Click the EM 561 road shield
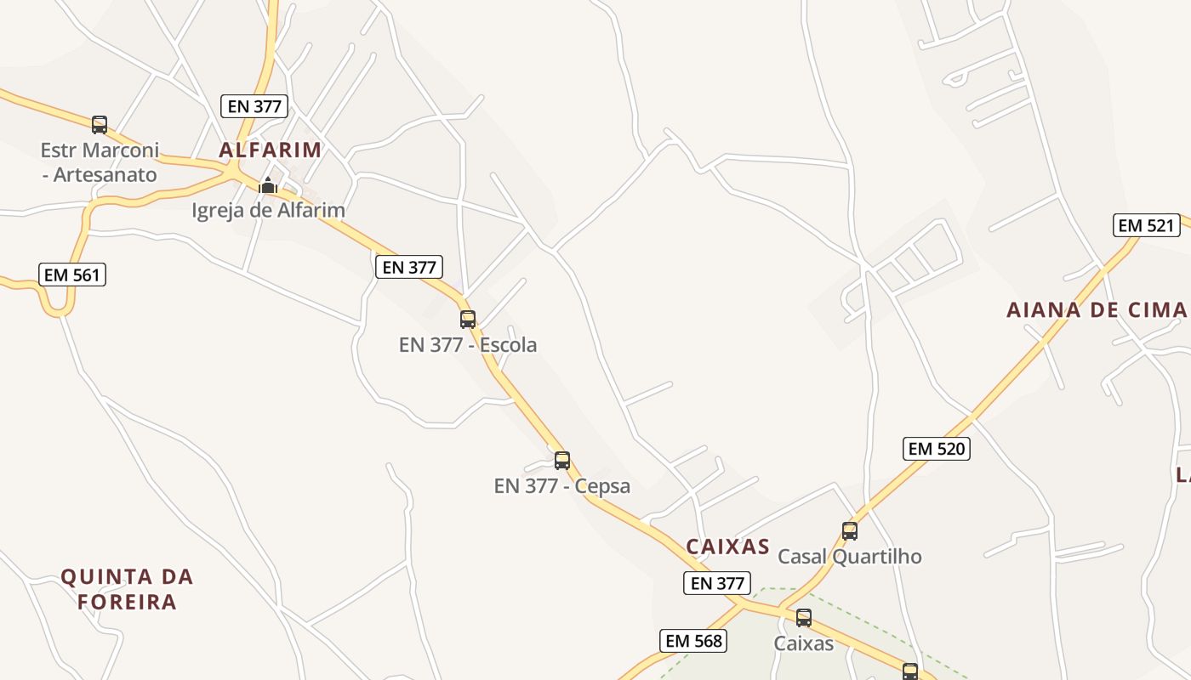pyautogui.click(x=72, y=275)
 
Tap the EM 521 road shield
pyautogui.click(x=1146, y=225)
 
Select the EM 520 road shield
pyautogui.click(x=936, y=448)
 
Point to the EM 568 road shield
pyautogui.click(x=693, y=641)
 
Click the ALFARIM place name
pyautogui.click(x=271, y=150)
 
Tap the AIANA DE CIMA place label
pyautogui.click(x=1097, y=309)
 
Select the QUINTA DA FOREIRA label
pyautogui.click(x=128, y=589)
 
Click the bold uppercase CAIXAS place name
pyautogui.click(x=728, y=547)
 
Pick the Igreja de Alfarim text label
pyautogui.click(x=268, y=210)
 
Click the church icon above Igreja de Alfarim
pyautogui.click(x=268, y=185)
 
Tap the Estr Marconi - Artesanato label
pyautogui.click(x=100, y=162)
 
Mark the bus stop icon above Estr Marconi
pyautogui.click(x=100, y=125)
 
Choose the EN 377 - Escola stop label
pyautogui.click(x=468, y=345)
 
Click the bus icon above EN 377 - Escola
pyautogui.click(x=468, y=320)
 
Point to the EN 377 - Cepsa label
pyautogui.click(x=562, y=486)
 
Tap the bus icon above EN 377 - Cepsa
pyautogui.click(x=562, y=461)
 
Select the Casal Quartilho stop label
pyautogui.click(x=850, y=557)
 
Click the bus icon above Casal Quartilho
pyautogui.click(x=850, y=531)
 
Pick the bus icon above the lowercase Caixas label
pyautogui.click(x=804, y=618)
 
